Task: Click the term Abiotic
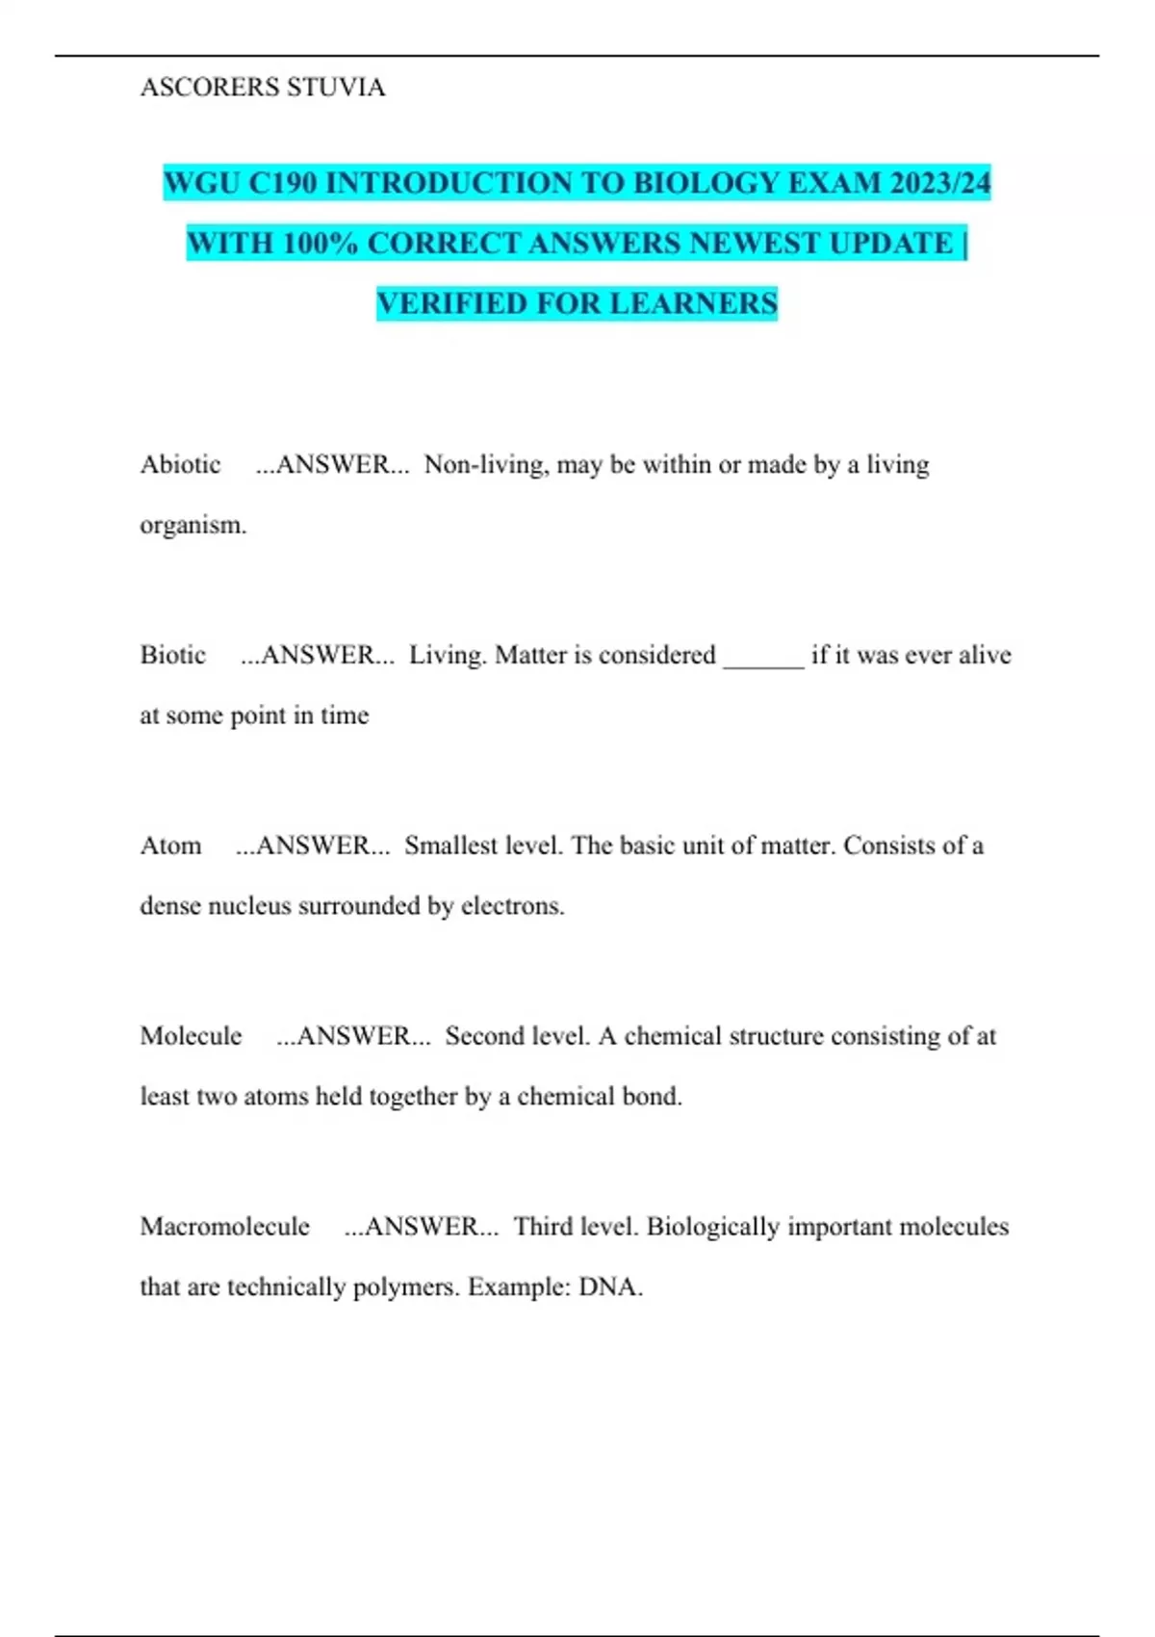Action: coord(180,465)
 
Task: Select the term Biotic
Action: coord(173,656)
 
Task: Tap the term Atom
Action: coord(170,846)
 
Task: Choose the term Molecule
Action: coord(191,1037)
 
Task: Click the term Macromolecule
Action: coord(224,1228)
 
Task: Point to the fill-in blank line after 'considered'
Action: coord(763,660)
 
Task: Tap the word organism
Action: coord(192,526)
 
